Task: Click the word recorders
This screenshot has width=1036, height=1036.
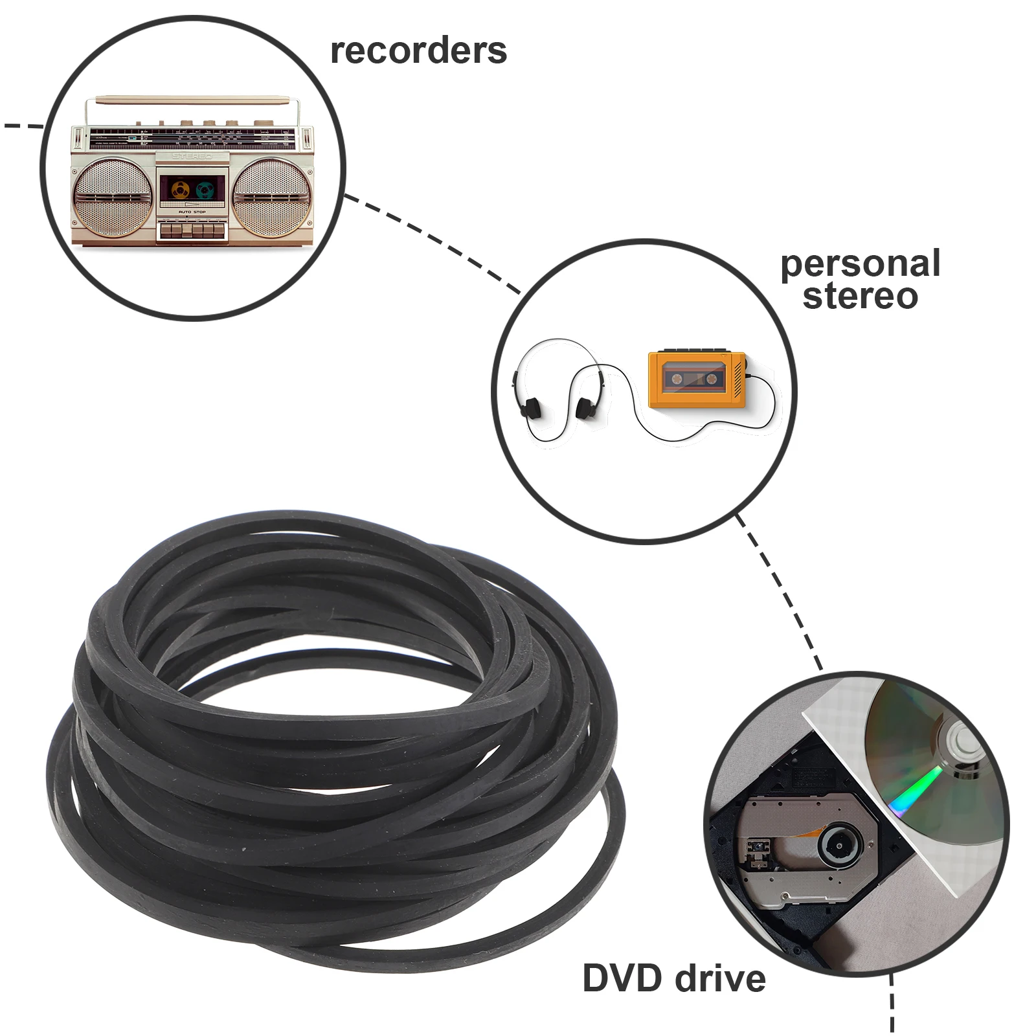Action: click(418, 51)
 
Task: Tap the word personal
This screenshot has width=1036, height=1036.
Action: click(860, 264)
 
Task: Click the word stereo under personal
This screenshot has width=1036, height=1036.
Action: click(860, 296)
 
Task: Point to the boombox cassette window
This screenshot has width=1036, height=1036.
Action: click(192, 190)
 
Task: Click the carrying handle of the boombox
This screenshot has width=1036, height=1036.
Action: click(192, 100)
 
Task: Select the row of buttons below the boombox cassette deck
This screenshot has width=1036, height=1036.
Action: click(192, 230)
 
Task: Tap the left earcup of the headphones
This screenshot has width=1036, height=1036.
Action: click(530, 407)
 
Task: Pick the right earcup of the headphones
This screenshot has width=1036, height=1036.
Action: click(585, 408)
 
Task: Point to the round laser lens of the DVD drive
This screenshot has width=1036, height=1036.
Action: click(839, 845)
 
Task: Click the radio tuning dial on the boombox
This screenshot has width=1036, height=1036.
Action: click(192, 138)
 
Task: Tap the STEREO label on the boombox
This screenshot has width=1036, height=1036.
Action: click(192, 157)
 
